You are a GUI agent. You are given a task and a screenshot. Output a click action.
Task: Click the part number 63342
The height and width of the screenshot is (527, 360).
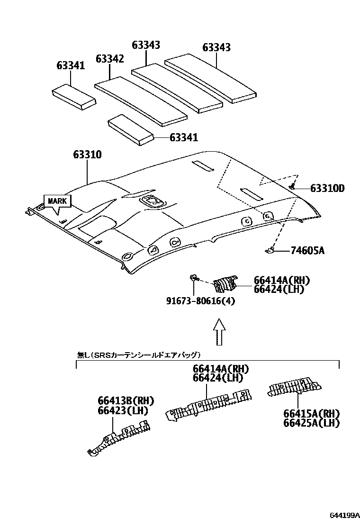tap(109, 59)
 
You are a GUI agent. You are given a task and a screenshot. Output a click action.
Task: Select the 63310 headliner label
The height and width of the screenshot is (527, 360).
tap(87, 155)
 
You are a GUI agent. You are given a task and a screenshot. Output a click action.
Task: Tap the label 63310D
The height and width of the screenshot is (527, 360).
tap(327, 189)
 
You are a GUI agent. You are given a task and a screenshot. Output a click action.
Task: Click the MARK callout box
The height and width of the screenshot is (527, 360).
tap(57, 201)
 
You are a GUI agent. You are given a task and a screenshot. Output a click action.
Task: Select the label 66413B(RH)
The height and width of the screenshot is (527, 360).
tap(126, 401)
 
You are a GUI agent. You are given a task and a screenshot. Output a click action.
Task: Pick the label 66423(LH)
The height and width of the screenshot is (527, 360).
tap(123, 410)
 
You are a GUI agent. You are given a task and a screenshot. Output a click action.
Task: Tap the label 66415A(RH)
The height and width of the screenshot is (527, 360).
tap(311, 413)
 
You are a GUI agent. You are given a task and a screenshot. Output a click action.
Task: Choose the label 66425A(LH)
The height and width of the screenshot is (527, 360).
tap(311, 423)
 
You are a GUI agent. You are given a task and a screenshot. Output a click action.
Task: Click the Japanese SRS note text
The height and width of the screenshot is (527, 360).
tap(138, 354)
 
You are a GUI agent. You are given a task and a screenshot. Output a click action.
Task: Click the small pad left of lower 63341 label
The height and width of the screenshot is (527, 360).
tap(131, 129)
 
